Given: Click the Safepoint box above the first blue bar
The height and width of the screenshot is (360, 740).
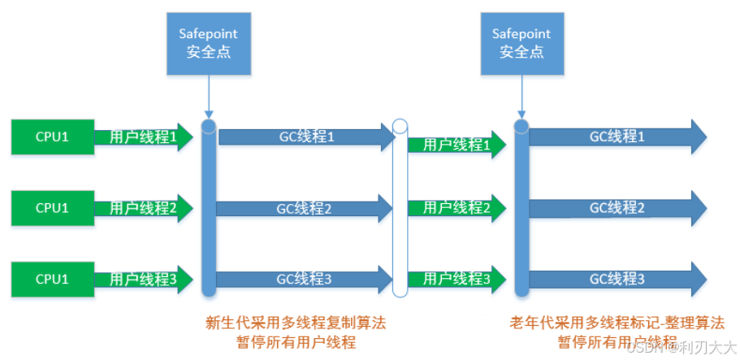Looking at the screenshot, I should tap(209, 41).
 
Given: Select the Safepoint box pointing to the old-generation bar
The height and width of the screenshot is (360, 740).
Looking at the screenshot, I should tap(521, 41).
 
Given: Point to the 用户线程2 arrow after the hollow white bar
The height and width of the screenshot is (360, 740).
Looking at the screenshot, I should tap(456, 208).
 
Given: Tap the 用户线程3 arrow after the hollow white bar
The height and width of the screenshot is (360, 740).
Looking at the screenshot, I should tap(456, 279).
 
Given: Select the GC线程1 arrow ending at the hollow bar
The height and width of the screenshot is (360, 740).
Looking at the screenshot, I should tap(305, 137).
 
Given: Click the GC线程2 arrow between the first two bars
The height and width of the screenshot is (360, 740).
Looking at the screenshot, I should tap(305, 208).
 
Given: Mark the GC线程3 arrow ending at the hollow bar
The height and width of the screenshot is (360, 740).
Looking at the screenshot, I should tap(305, 279).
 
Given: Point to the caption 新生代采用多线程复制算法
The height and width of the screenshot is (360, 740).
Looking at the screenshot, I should tap(297, 323).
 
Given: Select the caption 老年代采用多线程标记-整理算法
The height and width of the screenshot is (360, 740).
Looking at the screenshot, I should tap(617, 323).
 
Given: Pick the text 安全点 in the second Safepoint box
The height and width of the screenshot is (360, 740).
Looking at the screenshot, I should tap(521, 51).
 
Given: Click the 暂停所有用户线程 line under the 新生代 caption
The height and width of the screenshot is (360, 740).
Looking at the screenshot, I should tap(297, 342).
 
